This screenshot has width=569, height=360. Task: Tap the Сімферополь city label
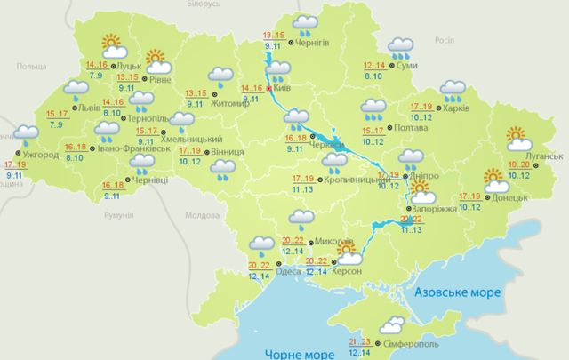tap(413, 342)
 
